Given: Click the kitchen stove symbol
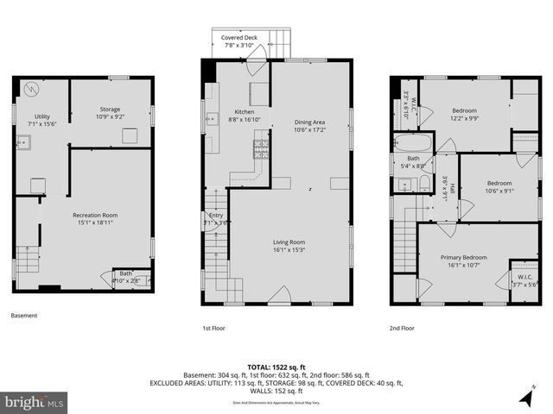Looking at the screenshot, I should pyautogui.click(x=261, y=149).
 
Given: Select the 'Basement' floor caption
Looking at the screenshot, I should pyautogui.click(x=24, y=316).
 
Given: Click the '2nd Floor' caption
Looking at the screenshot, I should pyautogui.click(x=402, y=328).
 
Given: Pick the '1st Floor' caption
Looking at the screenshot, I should pyautogui.click(x=213, y=328).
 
